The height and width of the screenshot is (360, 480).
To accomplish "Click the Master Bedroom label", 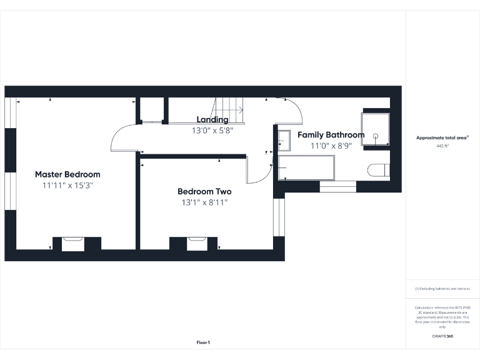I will point(67,174).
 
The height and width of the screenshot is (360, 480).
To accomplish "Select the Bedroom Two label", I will point(204,192).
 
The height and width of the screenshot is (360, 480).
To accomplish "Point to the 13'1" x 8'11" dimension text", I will point(204,202).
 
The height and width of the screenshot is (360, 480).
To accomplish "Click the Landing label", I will point(212,119).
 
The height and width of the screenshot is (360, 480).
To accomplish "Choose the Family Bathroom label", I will point(331,135).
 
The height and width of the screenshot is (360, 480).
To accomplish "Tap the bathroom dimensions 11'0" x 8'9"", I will point(331,146).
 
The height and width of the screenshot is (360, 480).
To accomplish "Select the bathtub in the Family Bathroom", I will point(306,167).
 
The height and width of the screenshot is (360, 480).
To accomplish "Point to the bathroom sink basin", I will point(284,141).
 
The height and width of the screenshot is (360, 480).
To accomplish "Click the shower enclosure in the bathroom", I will point(375,129).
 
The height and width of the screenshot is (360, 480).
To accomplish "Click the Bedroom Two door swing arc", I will point(258,171).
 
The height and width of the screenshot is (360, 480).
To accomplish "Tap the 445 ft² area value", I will point(442,145).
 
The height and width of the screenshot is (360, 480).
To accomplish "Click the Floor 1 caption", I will point(203,342).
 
